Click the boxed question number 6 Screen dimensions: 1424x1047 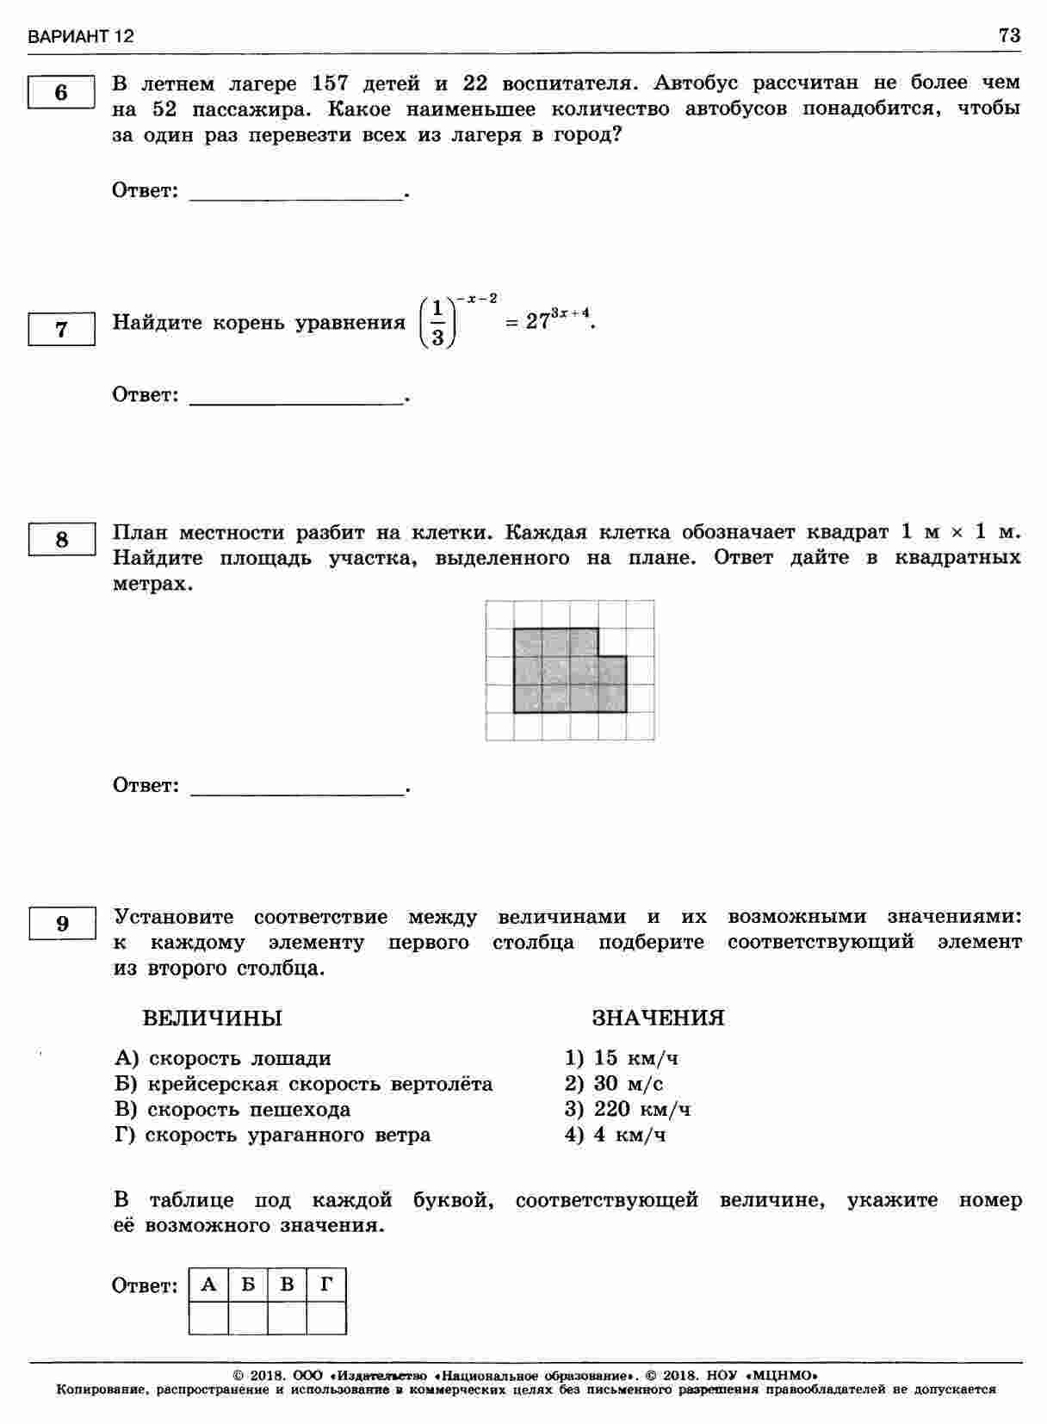pos(61,92)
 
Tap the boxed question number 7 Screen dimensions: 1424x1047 pos(61,330)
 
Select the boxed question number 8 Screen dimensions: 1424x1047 pos(61,540)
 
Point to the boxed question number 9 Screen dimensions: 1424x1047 pos(61,924)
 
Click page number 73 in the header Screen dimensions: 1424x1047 pos(1009,35)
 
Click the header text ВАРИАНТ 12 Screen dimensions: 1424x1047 pos(81,37)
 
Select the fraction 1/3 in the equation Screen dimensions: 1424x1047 pos(437,322)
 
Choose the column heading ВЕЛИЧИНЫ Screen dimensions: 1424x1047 pos(212,1018)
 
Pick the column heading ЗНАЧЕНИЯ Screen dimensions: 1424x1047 pos(658,1018)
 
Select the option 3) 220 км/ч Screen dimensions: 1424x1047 pos(628,1109)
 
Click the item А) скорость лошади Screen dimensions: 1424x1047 pos(222,1058)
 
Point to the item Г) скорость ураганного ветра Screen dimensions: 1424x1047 pos(272,1135)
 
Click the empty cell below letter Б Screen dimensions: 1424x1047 pos(248,1318)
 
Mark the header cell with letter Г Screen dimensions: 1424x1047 pos(326,1285)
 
